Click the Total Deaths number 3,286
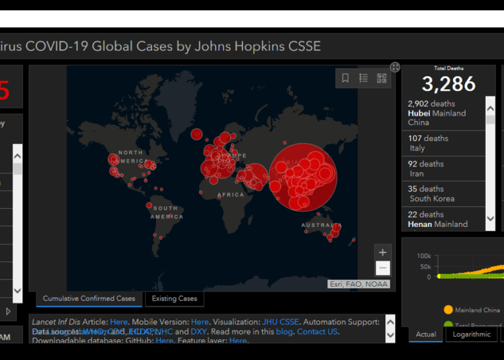pyautogui.click(x=448, y=83)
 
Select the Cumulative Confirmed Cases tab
pyautogui.click(x=89, y=299)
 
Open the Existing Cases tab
pyautogui.click(x=174, y=299)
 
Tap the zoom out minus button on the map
pyautogui.click(x=382, y=269)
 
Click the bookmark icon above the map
pyautogui.click(x=345, y=78)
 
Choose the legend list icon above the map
pyautogui.click(x=364, y=78)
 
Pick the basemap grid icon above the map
pyautogui.click(x=382, y=78)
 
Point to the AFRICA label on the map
pyautogui.click(x=230, y=195)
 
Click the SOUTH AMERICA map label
pyautogui.click(x=164, y=213)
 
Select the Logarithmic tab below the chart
pyautogui.click(x=471, y=334)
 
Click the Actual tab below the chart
pyautogui.click(x=426, y=334)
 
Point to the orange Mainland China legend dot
pyautogui.click(x=448, y=310)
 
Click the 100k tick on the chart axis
pyautogui.click(x=424, y=256)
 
